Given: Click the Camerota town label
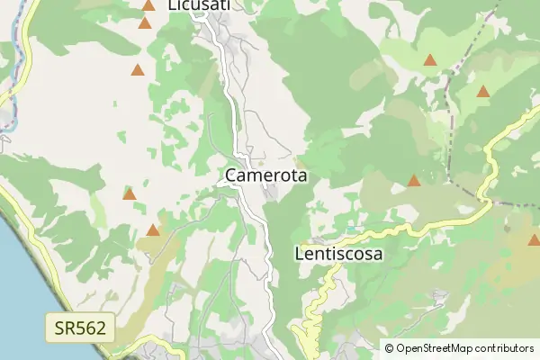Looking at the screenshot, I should [x=265, y=175].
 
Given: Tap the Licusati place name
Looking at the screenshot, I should [x=199, y=5].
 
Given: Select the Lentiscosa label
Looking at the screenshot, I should [x=338, y=254].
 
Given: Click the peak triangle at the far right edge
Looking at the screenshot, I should [x=535, y=239].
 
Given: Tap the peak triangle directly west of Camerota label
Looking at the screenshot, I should [x=130, y=193].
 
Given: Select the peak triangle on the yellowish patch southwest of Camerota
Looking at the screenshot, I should [x=153, y=230].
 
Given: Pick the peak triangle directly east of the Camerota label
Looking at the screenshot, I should [x=414, y=181].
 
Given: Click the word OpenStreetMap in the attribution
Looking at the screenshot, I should [x=436, y=348].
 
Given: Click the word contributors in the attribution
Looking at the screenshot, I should [x=505, y=348].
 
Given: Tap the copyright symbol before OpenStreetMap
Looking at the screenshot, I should [x=389, y=348].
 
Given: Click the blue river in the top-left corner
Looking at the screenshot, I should [x=15, y=36].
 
